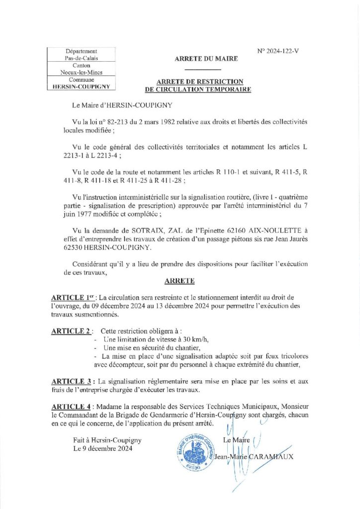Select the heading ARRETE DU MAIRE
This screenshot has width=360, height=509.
pyautogui.click(x=206, y=59)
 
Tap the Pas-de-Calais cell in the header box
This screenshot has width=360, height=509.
pyautogui.click(x=81, y=58)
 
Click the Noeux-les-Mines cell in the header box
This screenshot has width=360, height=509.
pyautogui.click(x=81, y=73)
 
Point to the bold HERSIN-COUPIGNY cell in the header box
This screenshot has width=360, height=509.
pyautogui.click(x=81, y=86)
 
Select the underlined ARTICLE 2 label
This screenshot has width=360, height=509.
pyautogui.click(x=71, y=331)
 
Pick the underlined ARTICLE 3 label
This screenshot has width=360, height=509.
pyautogui.click(x=71, y=381)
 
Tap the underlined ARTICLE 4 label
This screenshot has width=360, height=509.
pyautogui.click(x=71, y=407)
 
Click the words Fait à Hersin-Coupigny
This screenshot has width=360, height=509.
pyautogui.click(x=107, y=440)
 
